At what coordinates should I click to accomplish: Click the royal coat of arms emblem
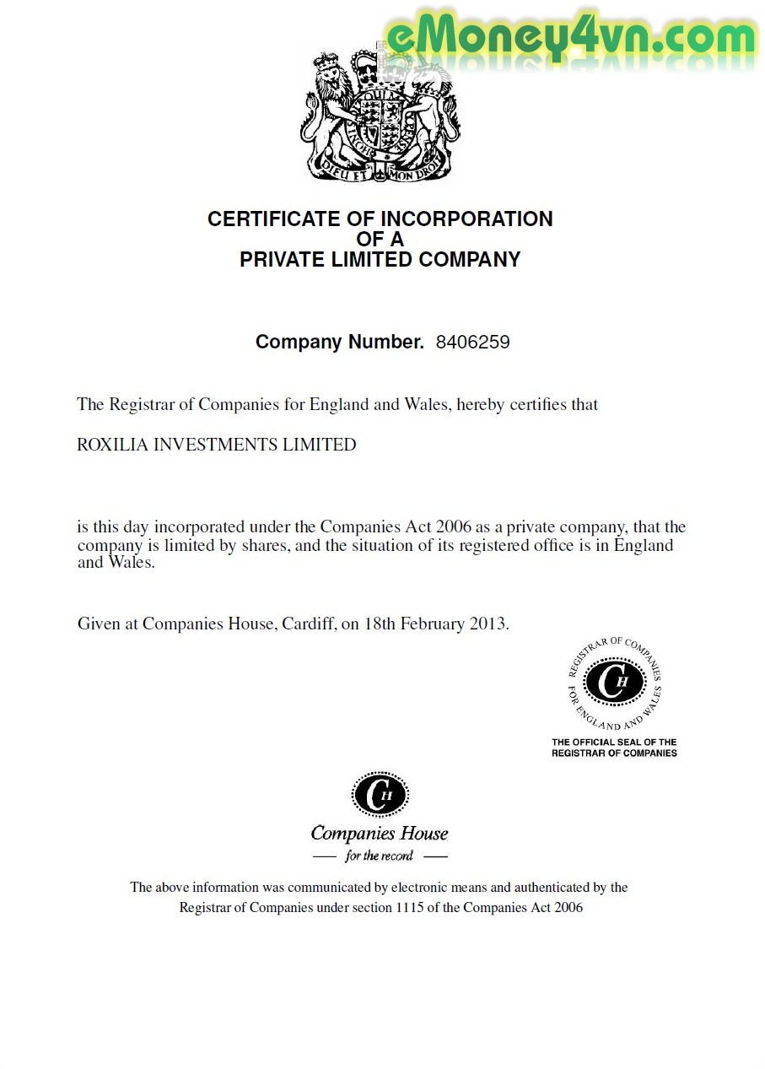[x=380, y=114]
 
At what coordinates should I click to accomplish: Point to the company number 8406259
[x=472, y=343]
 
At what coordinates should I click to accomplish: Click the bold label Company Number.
[x=339, y=343]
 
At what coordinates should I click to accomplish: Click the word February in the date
[x=430, y=624]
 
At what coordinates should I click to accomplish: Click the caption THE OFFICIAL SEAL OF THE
[x=614, y=742]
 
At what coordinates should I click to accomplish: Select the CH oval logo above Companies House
[x=380, y=796]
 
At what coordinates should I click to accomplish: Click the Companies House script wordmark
[x=380, y=834]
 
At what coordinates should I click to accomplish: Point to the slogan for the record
[x=380, y=856]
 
